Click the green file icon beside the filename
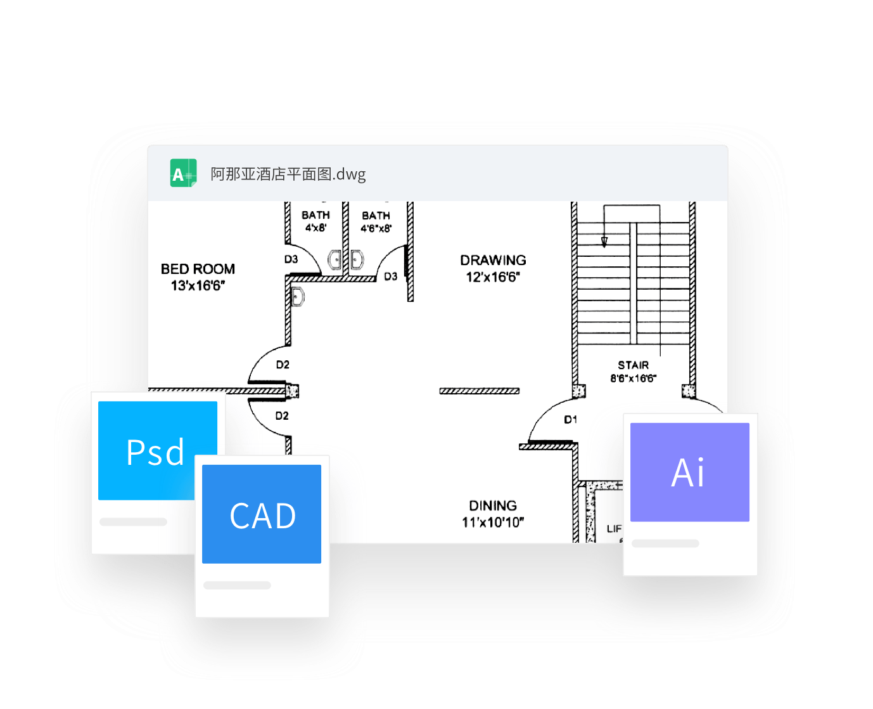(x=183, y=173)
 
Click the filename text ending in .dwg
(x=288, y=174)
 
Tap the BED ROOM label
(x=198, y=269)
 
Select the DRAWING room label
(x=493, y=260)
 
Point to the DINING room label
(x=493, y=505)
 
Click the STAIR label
(x=633, y=365)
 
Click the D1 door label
(x=571, y=419)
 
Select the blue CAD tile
(x=262, y=514)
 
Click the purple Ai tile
(x=690, y=472)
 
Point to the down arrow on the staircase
(x=604, y=242)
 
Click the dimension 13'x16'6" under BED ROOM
(x=198, y=286)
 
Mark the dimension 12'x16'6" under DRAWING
(x=493, y=277)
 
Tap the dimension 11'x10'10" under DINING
(x=493, y=523)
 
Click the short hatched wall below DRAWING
(x=480, y=391)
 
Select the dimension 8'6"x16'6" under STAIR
(x=633, y=379)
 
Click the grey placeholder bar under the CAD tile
(x=238, y=585)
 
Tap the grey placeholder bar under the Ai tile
(x=665, y=543)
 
